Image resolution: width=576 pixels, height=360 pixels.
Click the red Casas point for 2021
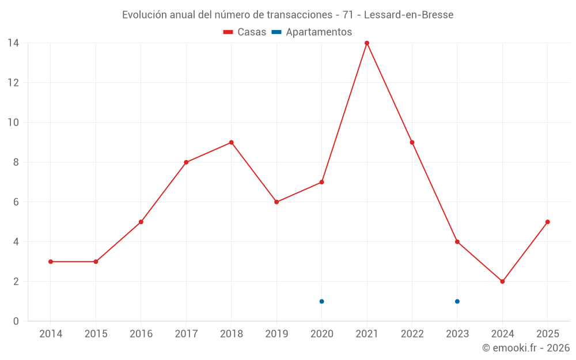click(x=367, y=43)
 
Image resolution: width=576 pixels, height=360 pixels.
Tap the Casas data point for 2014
click(x=51, y=262)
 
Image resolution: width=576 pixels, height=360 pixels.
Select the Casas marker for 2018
click(x=231, y=142)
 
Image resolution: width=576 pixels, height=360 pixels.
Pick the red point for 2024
click(x=502, y=282)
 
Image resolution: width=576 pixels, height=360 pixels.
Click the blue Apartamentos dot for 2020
click(x=321, y=301)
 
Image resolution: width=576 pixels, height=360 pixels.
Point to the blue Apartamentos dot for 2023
click(x=457, y=301)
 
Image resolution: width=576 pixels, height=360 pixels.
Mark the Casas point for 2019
click(x=276, y=202)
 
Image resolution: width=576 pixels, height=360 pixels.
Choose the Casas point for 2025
click(x=548, y=222)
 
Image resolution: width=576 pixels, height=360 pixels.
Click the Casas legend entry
click(x=245, y=32)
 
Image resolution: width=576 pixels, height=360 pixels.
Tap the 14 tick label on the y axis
click(x=13, y=43)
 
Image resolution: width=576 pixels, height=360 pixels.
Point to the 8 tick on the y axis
click(x=16, y=162)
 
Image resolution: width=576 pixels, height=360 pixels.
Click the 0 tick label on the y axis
click(x=16, y=321)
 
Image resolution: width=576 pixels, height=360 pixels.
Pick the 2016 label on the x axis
click(x=141, y=334)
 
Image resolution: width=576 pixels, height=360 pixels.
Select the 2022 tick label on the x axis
click(x=412, y=334)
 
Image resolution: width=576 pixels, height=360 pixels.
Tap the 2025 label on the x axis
click(x=548, y=334)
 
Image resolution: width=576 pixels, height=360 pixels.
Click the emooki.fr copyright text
click(x=526, y=348)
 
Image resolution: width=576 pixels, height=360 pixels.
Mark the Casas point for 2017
click(x=186, y=162)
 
